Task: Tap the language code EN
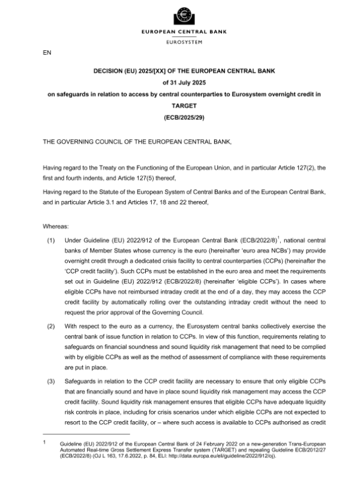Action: click(47, 53)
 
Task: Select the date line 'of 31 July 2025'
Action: click(180, 82)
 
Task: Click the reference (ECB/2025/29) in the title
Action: click(180, 116)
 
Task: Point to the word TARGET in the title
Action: click(180, 105)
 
